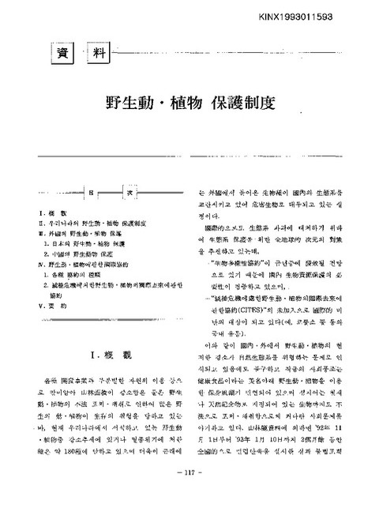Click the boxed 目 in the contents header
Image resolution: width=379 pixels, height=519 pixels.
click(90, 194)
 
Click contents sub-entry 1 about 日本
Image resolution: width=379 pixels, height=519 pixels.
click(83, 244)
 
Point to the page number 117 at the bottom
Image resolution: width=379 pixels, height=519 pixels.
click(189, 495)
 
